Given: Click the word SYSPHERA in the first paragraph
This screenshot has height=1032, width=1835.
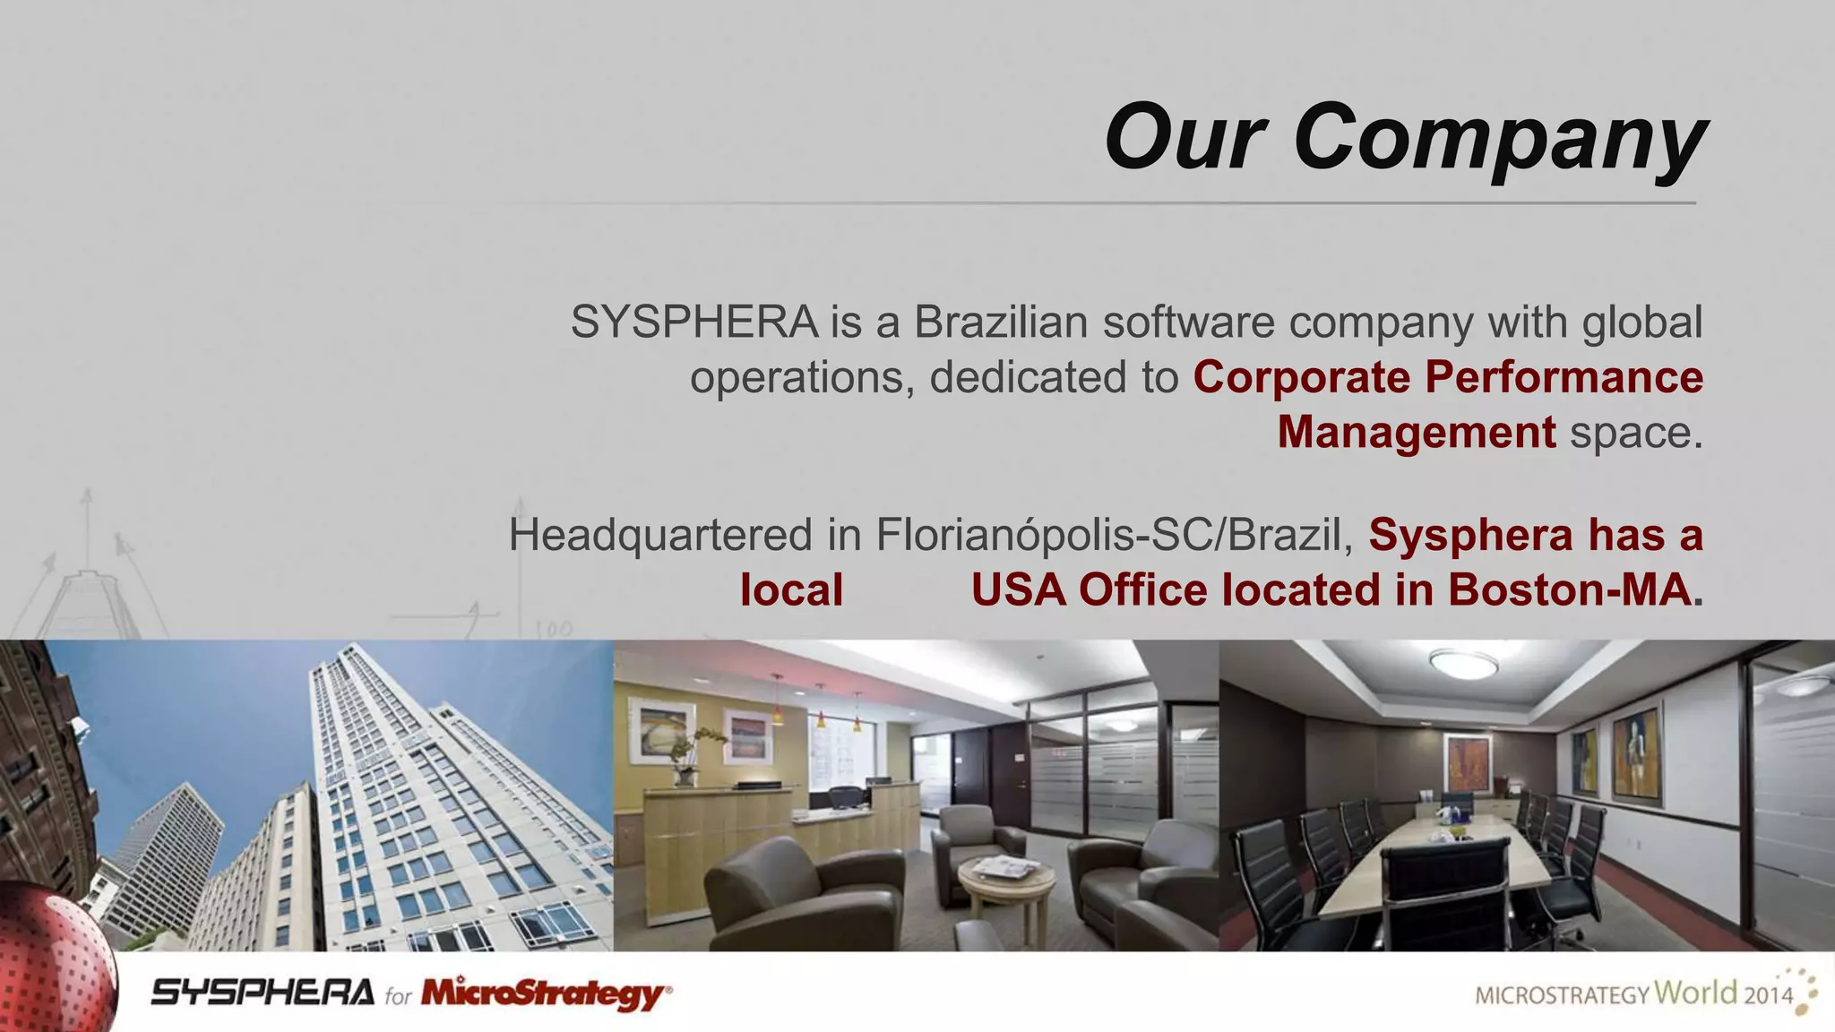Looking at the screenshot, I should pos(694,322).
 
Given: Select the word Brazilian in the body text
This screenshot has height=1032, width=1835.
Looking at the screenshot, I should pos(1001,322).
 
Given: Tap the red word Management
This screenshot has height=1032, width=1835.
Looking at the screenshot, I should pos(1417,432).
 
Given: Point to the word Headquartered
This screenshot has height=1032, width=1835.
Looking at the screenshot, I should pos(660,535).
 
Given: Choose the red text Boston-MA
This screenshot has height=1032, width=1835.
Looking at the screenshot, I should pos(1568,590).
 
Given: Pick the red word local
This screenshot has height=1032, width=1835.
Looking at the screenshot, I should pos(791,590).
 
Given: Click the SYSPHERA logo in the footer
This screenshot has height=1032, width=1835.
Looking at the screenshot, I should pos(263,993).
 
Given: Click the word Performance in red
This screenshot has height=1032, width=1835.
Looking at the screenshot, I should pos(1564,377).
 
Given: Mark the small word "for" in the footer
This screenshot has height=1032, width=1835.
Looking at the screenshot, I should pos(398,996).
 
